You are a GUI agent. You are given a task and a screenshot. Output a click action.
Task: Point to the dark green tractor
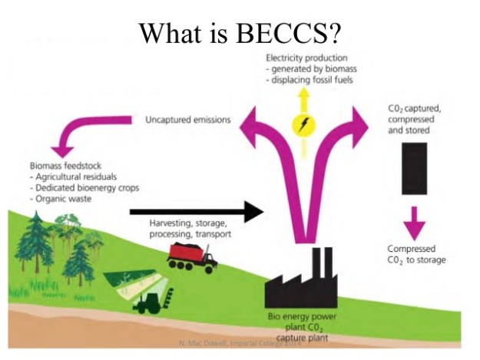tap(151, 302)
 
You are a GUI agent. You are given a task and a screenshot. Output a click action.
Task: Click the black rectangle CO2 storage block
tap(414, 168)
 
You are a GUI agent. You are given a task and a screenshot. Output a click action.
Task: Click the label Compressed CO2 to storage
tap(415, 254)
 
